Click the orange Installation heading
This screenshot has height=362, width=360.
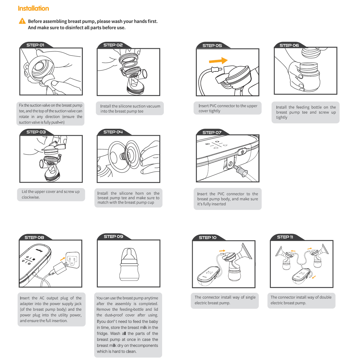pos(33,8)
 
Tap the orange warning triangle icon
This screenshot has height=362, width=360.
pos(22,21)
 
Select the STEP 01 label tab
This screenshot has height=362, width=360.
pos(35,45)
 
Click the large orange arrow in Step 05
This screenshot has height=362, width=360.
pos(218,61)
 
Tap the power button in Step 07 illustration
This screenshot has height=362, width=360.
pos(242,151)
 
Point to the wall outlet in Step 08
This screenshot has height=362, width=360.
pos(72,260)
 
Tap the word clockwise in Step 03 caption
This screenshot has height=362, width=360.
pos(31,197)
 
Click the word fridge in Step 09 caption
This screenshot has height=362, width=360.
pos(103,333)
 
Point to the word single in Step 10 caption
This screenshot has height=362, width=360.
pos(251,297)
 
